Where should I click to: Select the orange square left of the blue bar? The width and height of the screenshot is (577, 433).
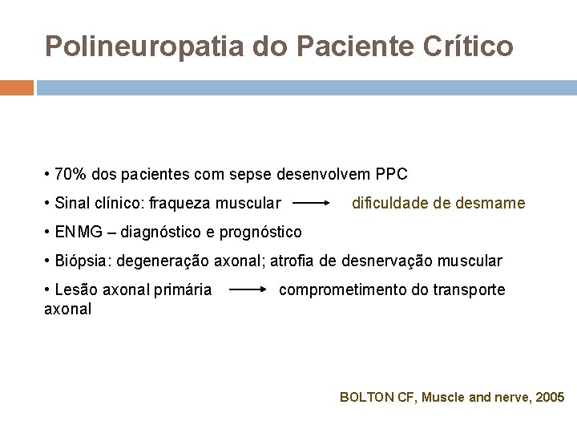coord(17,87)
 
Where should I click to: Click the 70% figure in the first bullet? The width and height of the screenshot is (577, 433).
coord(71,175)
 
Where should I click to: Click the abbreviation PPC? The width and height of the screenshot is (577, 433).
coord(391,175)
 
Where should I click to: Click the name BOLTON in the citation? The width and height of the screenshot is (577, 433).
coord(368,397)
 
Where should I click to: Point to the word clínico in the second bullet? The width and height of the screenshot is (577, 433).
coord(115,204)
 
